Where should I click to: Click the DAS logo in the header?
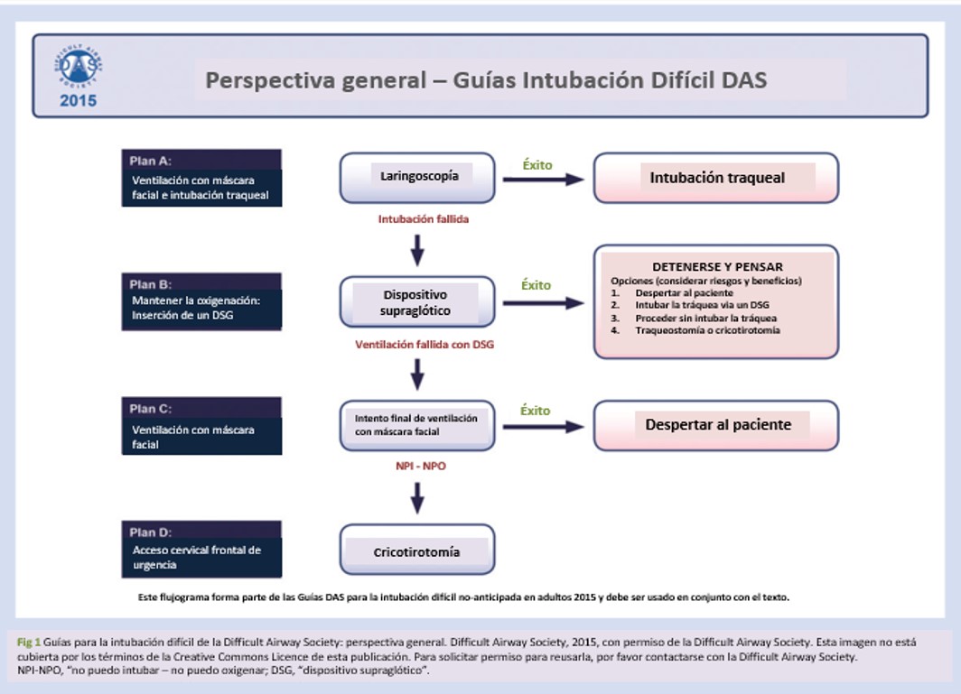(x=77, y=67)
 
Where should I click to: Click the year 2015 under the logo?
(x=78, y=101)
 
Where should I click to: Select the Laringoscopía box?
(x=418, y=177)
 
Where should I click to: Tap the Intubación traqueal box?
(x=716, y=178)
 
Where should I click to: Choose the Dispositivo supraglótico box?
(x=418, y=302)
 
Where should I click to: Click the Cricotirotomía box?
(x=417, y=551)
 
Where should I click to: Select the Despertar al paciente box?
(x=716, y=425)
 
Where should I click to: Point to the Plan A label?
(x=150, y=161)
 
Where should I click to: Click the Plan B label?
(x=150, y=284)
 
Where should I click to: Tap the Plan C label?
(x=150, y=409)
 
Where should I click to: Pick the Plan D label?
(x=150, y=532)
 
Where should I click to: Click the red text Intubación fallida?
(x=423, y=218)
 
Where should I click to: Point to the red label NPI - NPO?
(x=417, y=467)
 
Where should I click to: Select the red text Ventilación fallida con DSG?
(x=425, y=344)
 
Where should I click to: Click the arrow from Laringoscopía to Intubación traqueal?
(x=543, y=179)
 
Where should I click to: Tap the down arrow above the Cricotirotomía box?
(x=417, y=497)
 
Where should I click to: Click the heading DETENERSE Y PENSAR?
(x=717, y=267)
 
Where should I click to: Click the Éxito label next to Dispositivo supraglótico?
(x=536, y=285)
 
